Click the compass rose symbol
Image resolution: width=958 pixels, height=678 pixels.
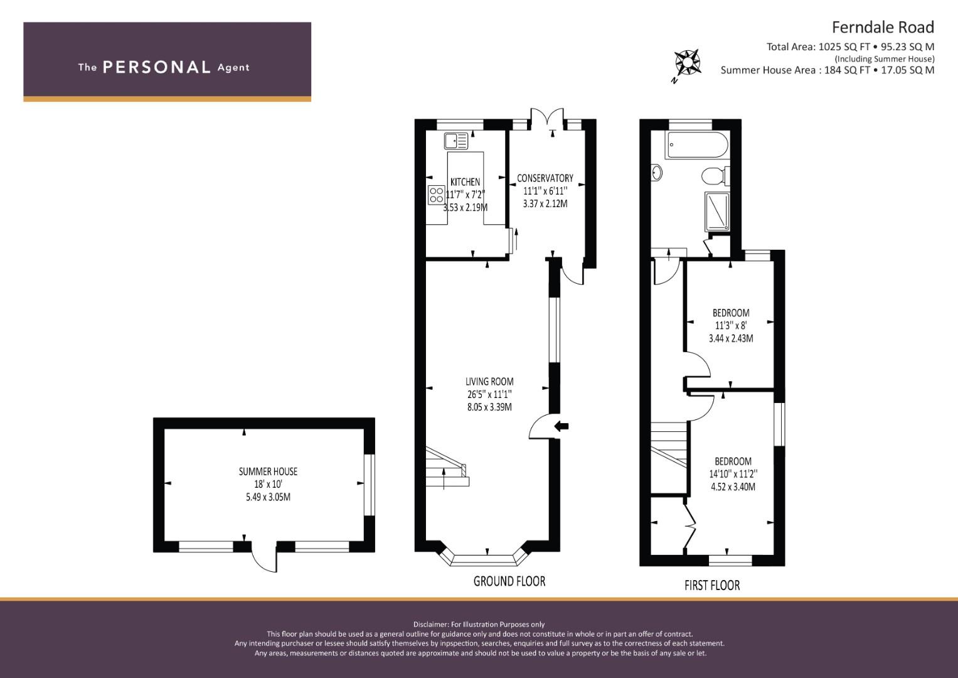coord(687,63)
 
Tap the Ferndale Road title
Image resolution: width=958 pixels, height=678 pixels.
coord(883,28)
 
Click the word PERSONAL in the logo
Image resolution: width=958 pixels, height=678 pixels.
coord(157,67)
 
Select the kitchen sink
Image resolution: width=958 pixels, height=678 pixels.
coord(456,141)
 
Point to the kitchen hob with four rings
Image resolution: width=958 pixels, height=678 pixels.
coord(436,195)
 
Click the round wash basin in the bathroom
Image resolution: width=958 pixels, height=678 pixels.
coord(656,173)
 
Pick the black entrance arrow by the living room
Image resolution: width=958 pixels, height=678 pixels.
coord(561,426)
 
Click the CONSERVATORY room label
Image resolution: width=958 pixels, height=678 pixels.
coord(545,178)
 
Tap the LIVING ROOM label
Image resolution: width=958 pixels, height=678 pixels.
coord(489,382)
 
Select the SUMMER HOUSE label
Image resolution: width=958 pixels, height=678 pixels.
coord(268,471)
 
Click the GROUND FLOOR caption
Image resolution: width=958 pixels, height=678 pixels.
coord(509,581)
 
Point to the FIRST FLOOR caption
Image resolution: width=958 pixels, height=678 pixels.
coord(712,586)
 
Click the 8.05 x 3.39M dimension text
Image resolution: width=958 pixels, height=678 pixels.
coord(489,407)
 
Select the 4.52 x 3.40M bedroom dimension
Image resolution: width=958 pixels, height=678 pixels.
coord(733,487)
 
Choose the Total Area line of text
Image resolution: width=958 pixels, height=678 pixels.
coord(850,47)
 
